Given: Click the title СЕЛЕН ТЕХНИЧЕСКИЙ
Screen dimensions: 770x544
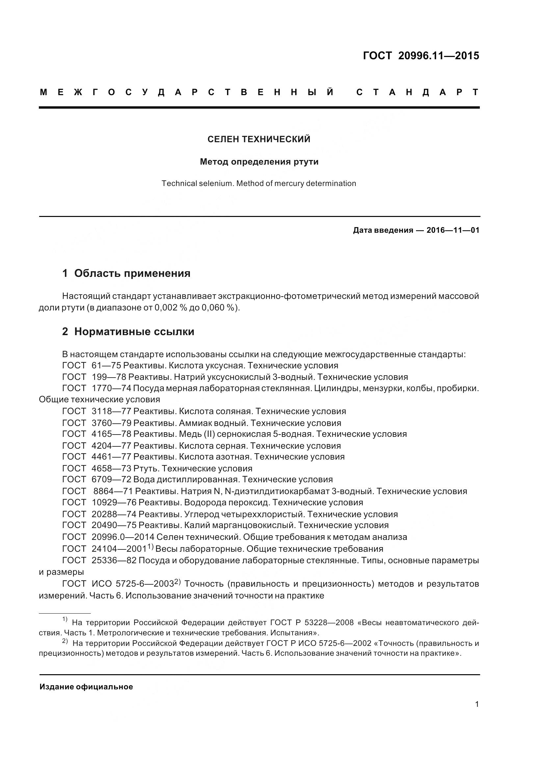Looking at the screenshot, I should click(259, 139).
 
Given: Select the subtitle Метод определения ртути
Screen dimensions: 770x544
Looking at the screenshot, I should click(259, 162).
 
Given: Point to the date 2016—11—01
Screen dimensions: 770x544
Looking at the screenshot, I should click(453, 230).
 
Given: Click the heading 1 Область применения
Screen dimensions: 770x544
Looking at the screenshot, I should click(126, 273).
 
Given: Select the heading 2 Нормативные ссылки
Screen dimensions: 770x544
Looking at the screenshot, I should click(128, 332).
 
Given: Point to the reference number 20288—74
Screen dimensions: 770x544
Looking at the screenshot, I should click(114, 514).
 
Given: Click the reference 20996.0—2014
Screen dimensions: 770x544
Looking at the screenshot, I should click(123, 537).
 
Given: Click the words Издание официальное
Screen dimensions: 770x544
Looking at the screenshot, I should click(86, 687).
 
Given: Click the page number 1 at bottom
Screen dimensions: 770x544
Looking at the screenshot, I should click(477, 704).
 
